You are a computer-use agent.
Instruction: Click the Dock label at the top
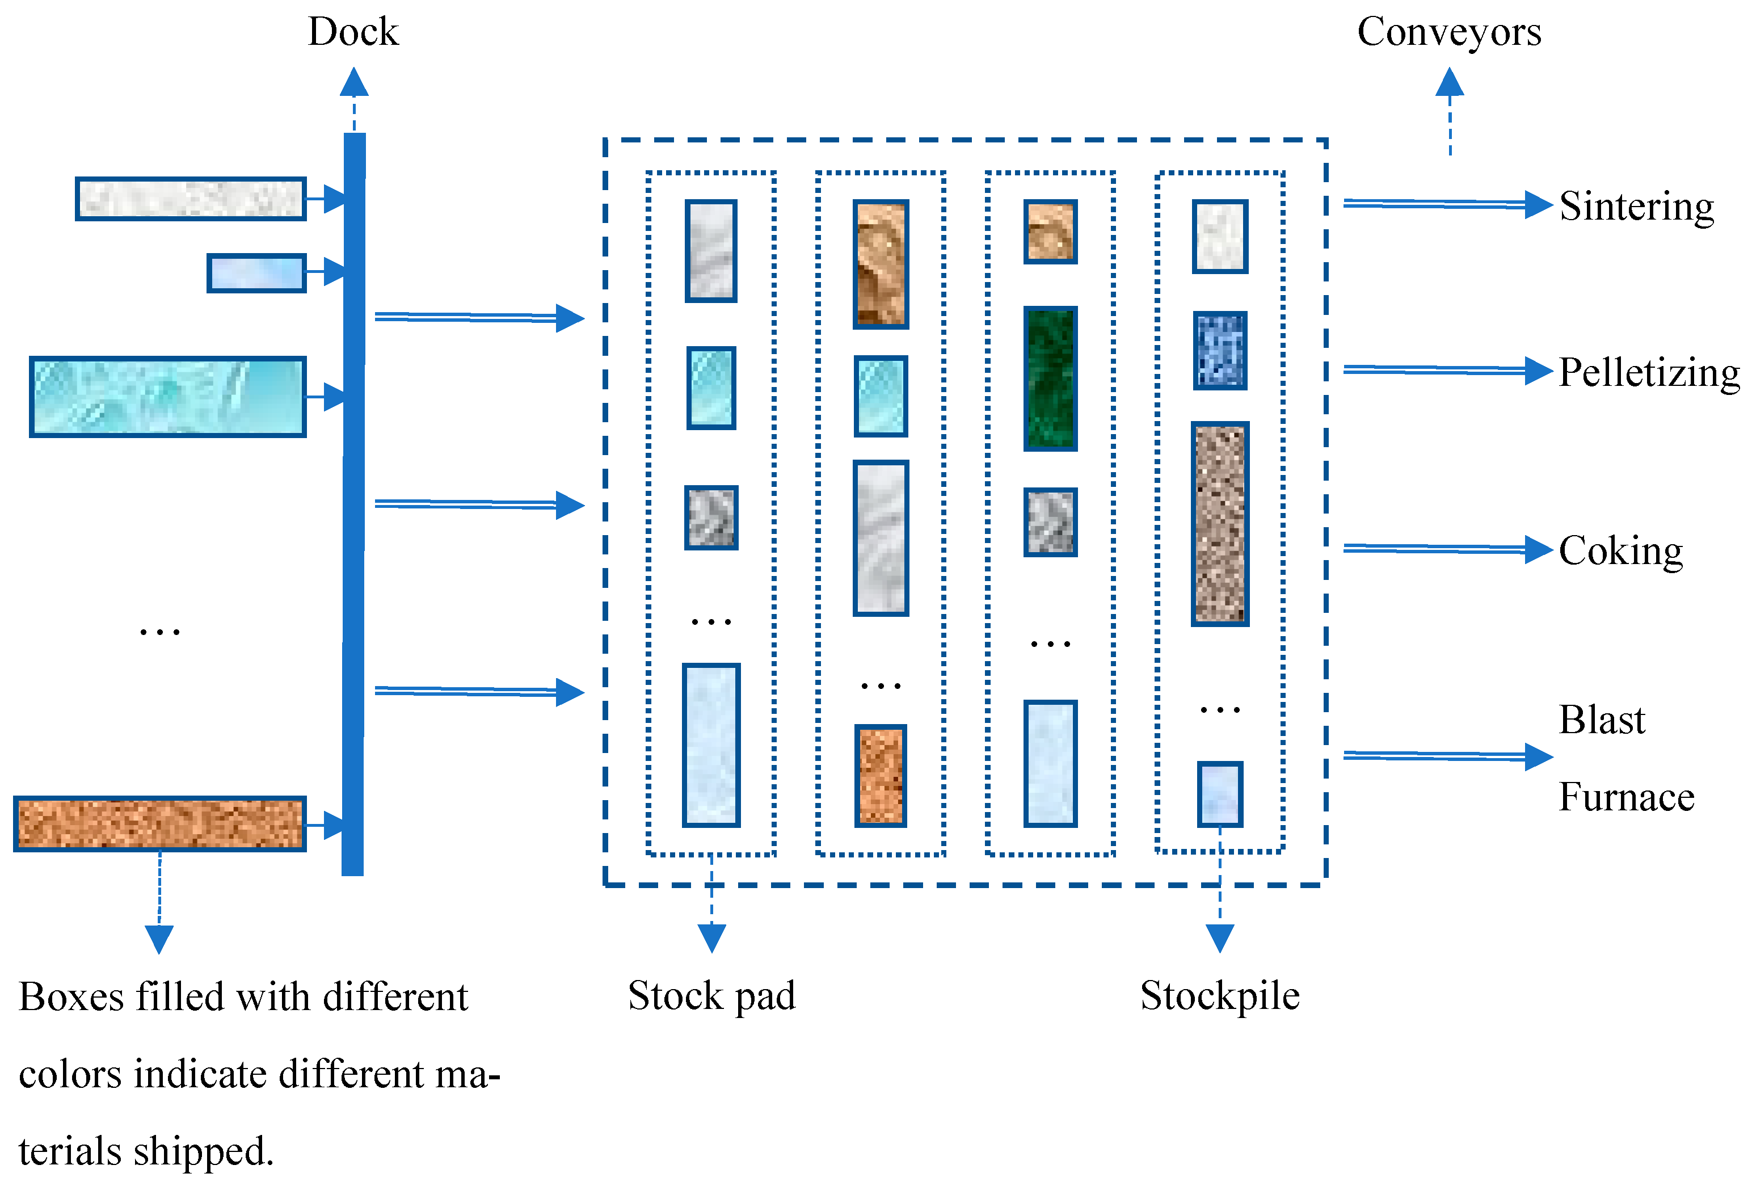(x=353, y=32)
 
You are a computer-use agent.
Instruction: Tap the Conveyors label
(x=1449, y=32)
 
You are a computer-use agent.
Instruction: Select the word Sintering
(x=1636, y=206)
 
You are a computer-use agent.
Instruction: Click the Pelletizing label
(x=1649, y=372)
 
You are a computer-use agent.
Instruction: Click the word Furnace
(x=1626, y=797)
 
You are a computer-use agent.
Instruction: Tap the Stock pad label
(x=711, y=996)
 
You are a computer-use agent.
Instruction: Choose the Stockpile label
(x=1219, y=996)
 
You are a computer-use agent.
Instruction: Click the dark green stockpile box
(x=1050, y=378)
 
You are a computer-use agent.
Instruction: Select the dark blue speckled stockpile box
(x=1219, y=351)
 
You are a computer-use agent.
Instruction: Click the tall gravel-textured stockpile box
(x=1219, y=524)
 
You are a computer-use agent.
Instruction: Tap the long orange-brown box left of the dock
(x=160, y=823)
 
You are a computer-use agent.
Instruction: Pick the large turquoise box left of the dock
(x=167, y=397)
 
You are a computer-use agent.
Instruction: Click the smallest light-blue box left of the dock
(x=256, y=273)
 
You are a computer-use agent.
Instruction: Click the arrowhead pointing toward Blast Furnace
(x=1538, y=756)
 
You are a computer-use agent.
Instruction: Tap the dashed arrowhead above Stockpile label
(x=1219, y=937)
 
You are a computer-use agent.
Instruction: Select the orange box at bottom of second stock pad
(x=880, y=776)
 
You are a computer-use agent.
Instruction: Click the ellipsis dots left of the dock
(x=160, y=632)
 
